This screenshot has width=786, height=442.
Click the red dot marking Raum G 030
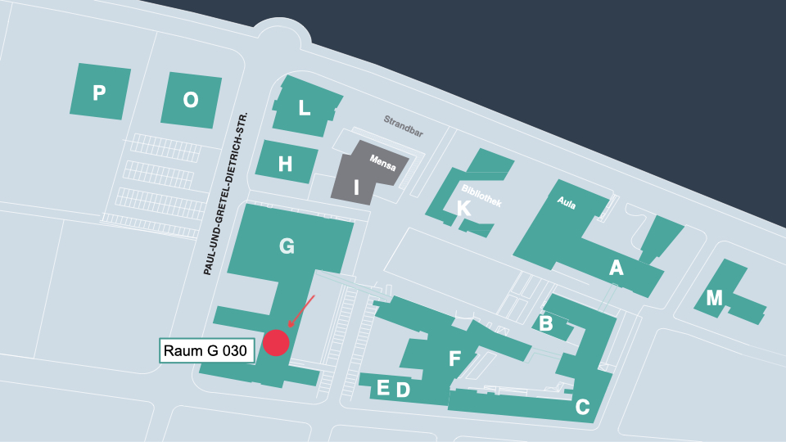pos(277,343)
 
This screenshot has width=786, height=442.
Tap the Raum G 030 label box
pos(205,351)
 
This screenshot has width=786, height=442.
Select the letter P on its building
pos(99,92)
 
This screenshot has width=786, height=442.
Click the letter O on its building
pos(191,100)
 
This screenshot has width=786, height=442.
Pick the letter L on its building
pos(305,107)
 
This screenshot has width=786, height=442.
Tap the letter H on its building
pos(285,165)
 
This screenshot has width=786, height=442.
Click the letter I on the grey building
pos(356,187)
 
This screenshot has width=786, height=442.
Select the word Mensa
pos(382,163)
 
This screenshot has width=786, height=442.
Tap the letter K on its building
pos(463,208)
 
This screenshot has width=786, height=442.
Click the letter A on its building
pos(617,268)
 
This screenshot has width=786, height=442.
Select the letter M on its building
pos(715,299)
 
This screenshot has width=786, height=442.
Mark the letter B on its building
pos(546,324)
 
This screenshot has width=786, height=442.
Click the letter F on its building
pos(455,359)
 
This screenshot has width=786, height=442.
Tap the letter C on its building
pos(583,407)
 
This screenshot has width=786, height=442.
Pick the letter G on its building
pos(287,246)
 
